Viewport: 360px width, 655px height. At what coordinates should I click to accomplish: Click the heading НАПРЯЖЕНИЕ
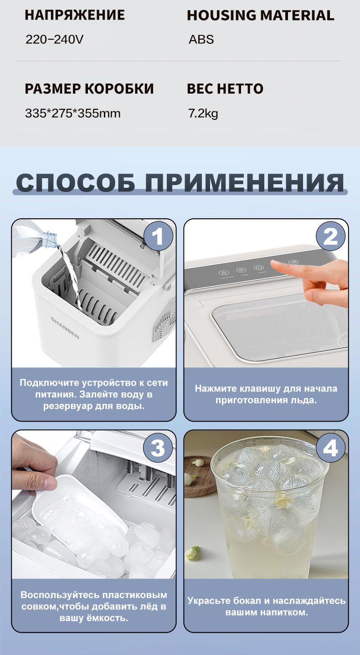pos(75,15)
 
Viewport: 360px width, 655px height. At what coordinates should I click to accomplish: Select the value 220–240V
pos(54,39)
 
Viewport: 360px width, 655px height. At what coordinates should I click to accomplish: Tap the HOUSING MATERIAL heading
pos(261,15)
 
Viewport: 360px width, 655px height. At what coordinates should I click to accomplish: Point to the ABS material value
pos(201,39)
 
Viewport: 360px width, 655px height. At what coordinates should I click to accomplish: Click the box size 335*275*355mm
pos(73,113)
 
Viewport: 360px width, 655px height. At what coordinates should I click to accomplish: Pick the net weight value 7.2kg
pos(203,113)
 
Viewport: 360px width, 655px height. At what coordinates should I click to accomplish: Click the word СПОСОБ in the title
pos(76,183)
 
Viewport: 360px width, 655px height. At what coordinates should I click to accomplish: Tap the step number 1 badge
pos(158,236)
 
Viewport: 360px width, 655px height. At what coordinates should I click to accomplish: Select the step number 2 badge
pos(331,236)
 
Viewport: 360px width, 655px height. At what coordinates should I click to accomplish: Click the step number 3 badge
pos(158,448)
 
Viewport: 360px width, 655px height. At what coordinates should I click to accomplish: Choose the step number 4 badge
pos(331,448)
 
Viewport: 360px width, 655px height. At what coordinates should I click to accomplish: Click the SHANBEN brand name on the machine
pos(65,328)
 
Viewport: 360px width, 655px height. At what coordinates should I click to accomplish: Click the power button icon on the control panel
pos(258,268)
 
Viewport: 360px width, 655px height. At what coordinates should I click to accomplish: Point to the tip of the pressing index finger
pos(273,263)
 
